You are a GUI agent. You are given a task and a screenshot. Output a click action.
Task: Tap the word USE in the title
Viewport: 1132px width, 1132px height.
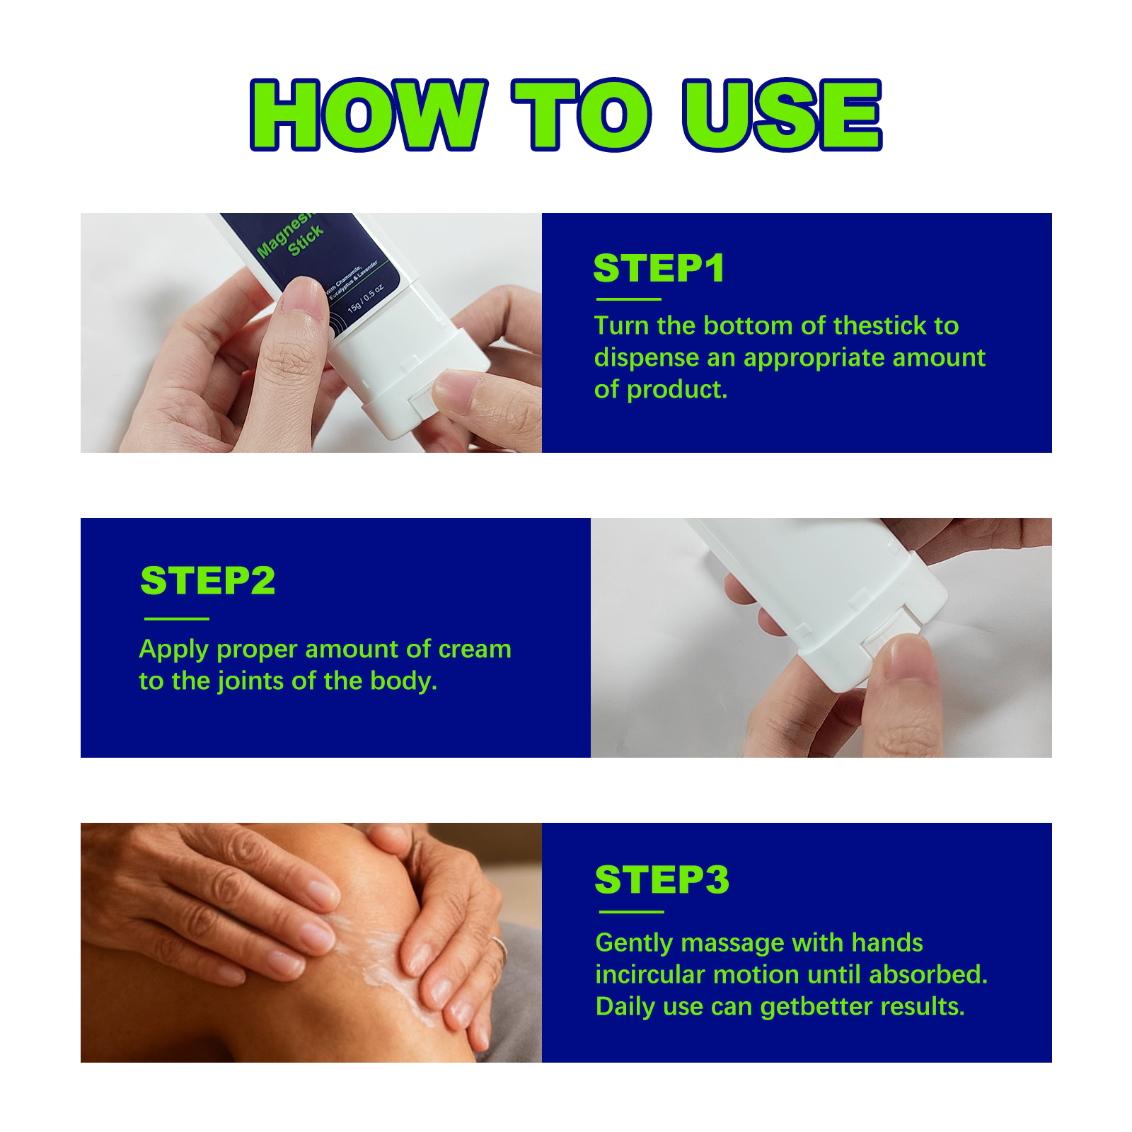point(782,115)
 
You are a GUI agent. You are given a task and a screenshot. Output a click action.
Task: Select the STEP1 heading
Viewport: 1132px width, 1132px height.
point(659,268)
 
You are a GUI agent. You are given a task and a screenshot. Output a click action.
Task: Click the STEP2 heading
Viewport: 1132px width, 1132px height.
point(208,581)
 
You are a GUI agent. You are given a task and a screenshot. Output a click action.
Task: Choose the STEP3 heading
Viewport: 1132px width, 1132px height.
point(662,879)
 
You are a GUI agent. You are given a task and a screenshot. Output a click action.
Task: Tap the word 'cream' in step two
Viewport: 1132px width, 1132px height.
point(475,649)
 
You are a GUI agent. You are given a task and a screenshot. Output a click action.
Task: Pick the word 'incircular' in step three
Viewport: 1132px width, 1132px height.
point(650,975)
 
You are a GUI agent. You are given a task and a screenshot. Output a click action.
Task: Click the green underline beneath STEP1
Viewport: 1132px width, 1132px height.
point(628,299)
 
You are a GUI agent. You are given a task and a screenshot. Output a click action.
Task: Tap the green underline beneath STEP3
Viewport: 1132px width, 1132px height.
point(630,912)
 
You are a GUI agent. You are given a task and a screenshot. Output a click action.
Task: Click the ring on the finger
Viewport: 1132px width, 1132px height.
point(499,946)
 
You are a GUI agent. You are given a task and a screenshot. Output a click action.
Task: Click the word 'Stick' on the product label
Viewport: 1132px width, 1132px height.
point(306,241)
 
